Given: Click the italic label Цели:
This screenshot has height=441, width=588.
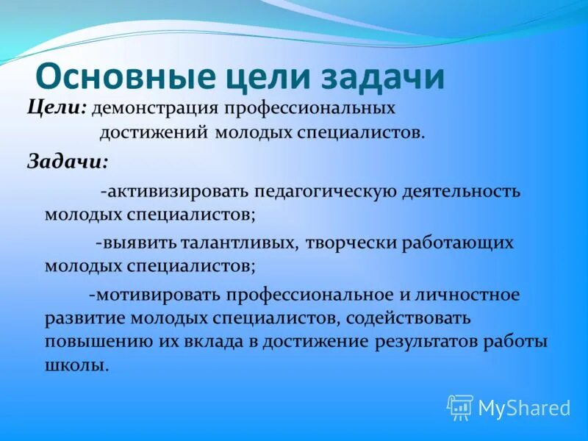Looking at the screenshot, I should pyautogui.click(x=57, y=108).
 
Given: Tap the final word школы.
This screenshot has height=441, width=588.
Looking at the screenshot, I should pyautogui.click(x=76, y=365).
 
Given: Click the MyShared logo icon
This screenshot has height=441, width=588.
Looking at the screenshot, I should pyautogui.click(x=460, y=407).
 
